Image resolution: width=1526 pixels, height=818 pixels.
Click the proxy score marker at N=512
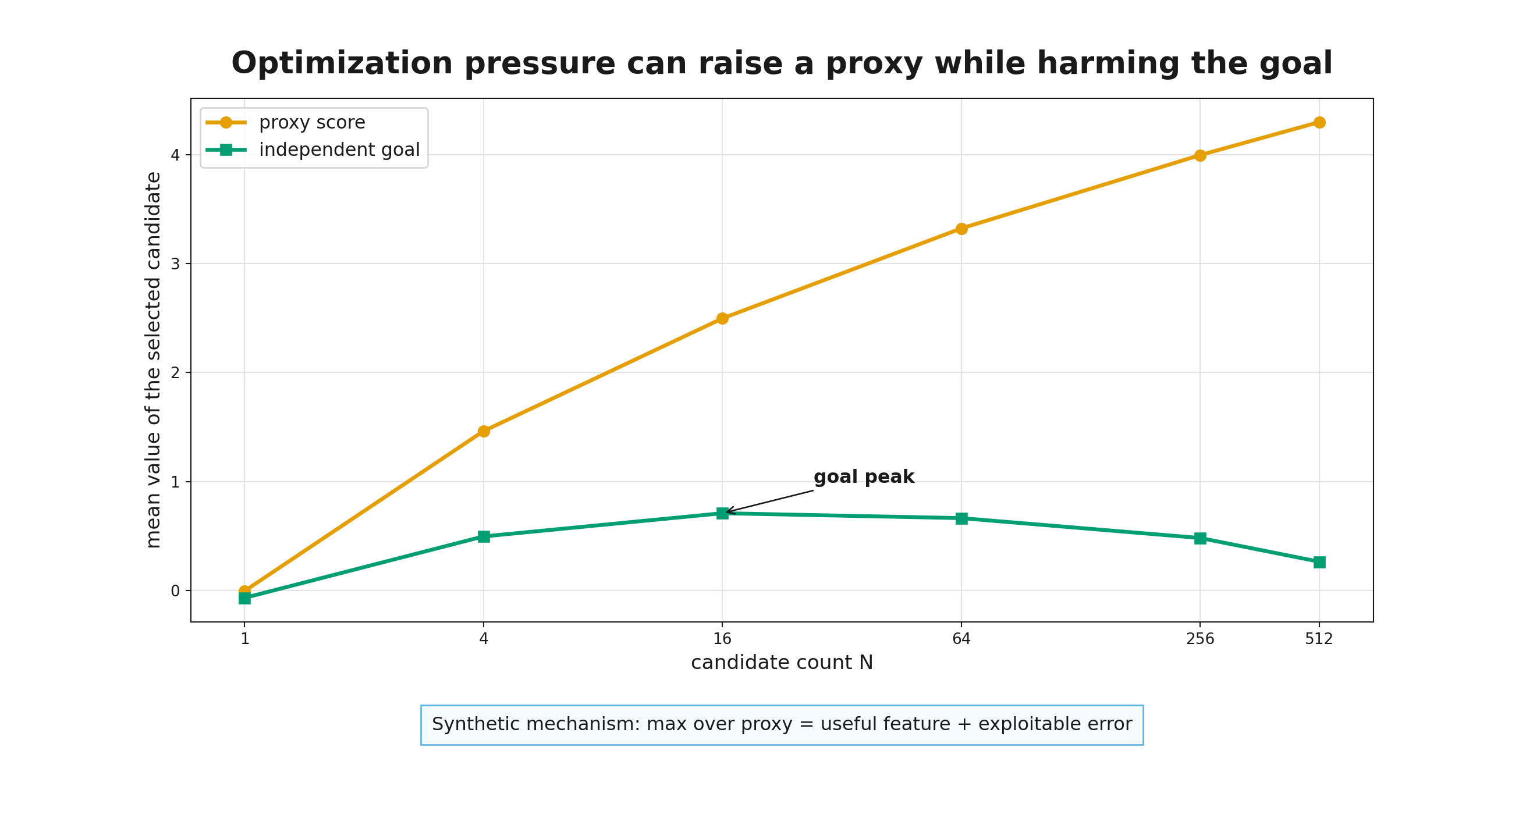click(1319, 123)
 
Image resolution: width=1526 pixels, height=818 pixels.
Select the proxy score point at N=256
click(1200, 156)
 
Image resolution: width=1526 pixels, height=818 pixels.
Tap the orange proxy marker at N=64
click(961, 229)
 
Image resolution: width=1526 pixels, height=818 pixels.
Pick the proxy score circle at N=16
click(722, 319)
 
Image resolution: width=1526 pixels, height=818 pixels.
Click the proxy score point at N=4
click(484, 431)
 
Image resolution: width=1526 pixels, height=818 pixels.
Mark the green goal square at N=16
click(722, 513)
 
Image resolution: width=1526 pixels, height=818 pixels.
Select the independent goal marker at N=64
click(961, 518)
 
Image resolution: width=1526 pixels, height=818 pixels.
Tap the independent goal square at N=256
click(1200, 538)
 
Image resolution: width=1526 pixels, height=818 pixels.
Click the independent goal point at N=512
click(1319, 562)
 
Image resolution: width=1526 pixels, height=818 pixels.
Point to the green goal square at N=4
click(484, 536)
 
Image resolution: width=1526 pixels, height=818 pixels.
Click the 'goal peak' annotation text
click(864, 478)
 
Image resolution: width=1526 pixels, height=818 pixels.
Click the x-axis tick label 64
click(961, 639)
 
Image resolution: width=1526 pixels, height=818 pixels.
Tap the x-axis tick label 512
click(1319, 639)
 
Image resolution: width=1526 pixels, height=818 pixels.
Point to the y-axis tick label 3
click(175, 264)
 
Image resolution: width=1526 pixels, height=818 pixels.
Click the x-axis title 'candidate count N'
click(782, 662)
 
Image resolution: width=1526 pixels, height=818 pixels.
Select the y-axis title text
click(154, 360)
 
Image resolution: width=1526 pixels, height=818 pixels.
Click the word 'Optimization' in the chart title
click(342, 64)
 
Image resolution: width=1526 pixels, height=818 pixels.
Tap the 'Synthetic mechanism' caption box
click(782, 725)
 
